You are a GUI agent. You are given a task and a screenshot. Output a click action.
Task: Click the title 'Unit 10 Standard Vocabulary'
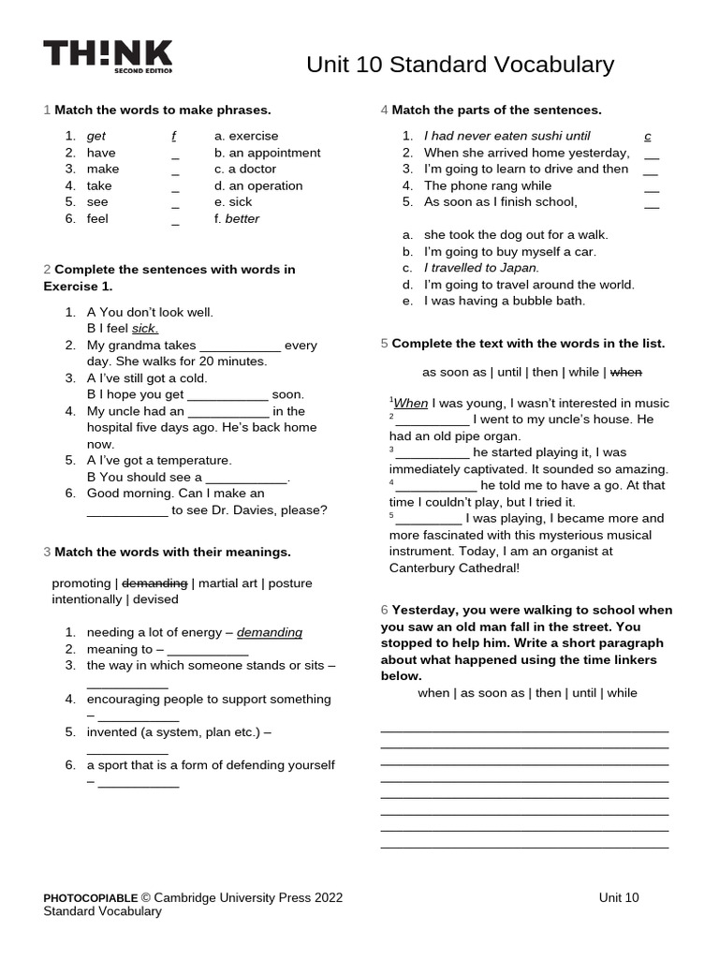(460, 65)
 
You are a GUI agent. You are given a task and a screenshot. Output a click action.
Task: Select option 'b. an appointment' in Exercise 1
(267, 153)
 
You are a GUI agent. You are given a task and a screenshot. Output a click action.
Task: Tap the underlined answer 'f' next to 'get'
(174, 137)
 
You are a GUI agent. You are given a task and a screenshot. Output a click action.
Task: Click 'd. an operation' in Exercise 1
(258, 185)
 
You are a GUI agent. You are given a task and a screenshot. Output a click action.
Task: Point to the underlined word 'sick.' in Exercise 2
(145, 329)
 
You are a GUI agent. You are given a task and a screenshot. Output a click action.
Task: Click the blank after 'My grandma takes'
(241, 346)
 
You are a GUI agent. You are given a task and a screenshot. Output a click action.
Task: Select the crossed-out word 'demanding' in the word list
(155, 583)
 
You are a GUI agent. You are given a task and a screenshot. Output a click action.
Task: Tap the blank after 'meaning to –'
(208, 650)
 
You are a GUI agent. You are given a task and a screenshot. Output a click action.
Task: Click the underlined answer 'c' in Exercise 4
(648, 137)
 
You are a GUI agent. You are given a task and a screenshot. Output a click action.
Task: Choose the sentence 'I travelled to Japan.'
(481, 268)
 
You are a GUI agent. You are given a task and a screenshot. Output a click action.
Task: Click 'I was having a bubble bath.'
(505, 301)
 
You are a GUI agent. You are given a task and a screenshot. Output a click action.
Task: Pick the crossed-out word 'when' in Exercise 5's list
(626, 372)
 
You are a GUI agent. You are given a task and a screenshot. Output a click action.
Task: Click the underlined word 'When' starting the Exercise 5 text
(410, 404)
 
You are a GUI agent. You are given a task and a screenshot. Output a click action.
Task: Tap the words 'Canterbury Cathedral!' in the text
(454, 568)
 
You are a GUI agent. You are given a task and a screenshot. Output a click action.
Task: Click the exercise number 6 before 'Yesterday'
(384, 610)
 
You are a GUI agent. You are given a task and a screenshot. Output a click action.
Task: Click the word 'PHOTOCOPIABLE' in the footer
(91, 897)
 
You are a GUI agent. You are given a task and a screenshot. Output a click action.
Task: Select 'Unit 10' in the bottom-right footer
(619, 897)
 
